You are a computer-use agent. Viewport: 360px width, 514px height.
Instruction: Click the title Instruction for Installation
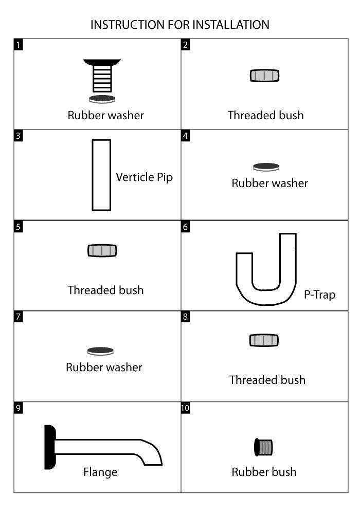(x=179, y=24)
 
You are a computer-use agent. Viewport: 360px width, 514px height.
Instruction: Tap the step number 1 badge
(x=19, y=45)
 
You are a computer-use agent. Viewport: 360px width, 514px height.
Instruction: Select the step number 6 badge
(x=186, y=226)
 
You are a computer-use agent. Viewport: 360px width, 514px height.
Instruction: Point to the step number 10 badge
(x=186, y=408)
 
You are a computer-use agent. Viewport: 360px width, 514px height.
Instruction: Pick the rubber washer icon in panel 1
(x=102, y=99)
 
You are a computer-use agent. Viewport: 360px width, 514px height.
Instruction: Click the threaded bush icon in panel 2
(x=264, y=76)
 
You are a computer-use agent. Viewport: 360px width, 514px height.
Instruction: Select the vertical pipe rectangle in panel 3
(x=101, y=175)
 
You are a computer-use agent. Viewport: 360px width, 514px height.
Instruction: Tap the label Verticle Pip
(x=144, y=177)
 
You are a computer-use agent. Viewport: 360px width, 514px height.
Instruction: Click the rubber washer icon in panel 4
(x=266, y=167)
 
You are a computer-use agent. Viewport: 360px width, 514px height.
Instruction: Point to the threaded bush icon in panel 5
(x=102, y=251)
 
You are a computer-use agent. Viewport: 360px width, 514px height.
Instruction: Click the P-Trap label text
(x=316, y=296)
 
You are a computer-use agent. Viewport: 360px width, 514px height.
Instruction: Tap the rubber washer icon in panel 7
(x=100, y=352)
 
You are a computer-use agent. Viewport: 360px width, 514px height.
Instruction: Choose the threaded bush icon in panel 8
(x=264, y=340)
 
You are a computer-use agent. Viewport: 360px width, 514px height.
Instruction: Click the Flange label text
(x=100, y=472)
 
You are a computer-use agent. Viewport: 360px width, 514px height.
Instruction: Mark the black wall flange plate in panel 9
(x=49, y=447)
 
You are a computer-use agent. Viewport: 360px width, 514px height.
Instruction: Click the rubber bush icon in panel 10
(x=264, y=447)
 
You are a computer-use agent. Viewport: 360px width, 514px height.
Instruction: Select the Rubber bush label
(x=264, y=472)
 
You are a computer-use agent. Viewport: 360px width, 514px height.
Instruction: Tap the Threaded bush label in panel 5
(x=105, y=290)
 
